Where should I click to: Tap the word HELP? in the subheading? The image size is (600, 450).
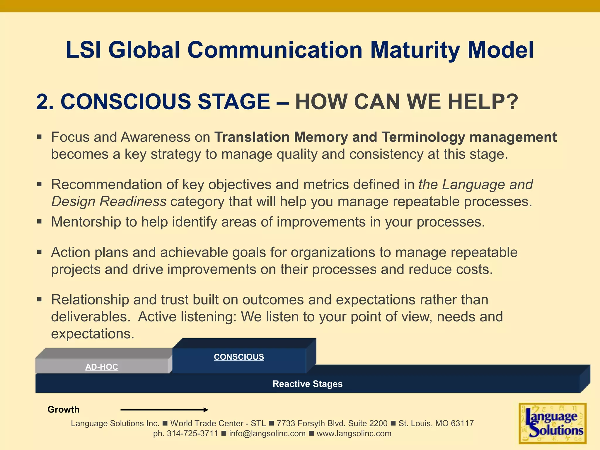(483, 102)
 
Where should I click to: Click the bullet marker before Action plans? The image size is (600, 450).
(40, 252)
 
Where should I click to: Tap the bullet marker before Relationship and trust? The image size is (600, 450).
(40, 299)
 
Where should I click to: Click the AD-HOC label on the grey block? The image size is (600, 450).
(102, 367)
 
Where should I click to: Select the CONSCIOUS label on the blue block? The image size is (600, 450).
(239, 357)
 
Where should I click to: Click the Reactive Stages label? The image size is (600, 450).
(307, 384)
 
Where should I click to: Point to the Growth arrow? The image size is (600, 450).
(164, 410)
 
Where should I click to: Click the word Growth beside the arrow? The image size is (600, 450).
(64, 410)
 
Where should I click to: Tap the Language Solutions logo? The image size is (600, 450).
(553, 423)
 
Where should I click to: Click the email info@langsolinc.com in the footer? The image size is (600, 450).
(267, 434)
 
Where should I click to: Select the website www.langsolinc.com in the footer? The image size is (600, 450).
(354, 434)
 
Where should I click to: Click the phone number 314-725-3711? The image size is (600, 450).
(192, 434)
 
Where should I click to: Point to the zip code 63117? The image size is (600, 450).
(462, 423)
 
